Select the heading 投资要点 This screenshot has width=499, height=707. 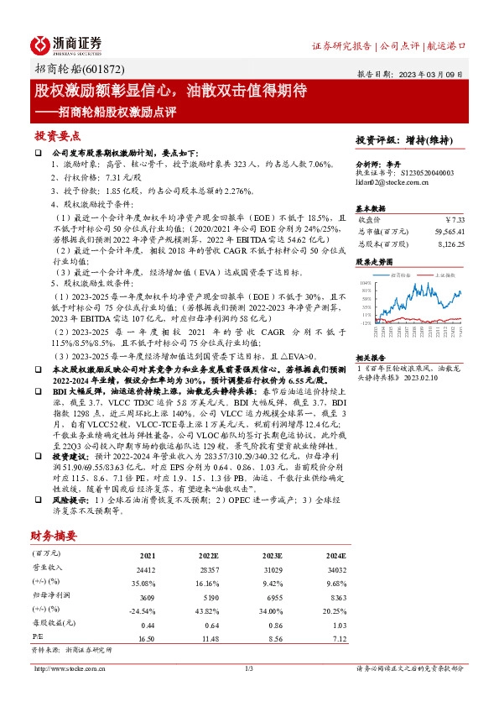tap(57, 135)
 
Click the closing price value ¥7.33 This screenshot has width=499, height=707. tap(454, 219)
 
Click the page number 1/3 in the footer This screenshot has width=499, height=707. tap(249, 668)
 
